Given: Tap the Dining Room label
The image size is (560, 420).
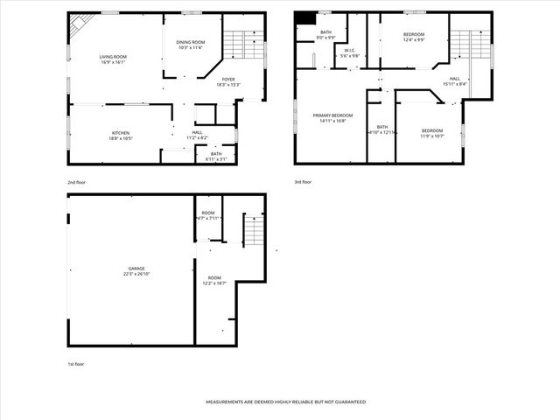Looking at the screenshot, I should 191,45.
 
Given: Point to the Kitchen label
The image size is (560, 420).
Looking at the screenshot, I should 121,136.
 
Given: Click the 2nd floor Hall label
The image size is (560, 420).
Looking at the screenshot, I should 197,136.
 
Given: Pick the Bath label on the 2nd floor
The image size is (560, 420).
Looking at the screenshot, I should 216,157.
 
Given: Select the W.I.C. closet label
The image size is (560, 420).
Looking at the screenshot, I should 349,52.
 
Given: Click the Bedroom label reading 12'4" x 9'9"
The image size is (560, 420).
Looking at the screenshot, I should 414,38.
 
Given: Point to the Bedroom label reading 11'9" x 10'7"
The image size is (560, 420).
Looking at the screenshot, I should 432,133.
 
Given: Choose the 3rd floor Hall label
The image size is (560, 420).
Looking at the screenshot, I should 455,81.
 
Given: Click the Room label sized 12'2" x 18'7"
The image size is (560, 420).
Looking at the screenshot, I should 215,280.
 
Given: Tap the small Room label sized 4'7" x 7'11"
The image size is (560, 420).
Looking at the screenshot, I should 208,215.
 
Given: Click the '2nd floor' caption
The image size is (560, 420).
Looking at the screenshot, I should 78,182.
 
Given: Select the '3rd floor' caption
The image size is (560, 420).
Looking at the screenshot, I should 304,182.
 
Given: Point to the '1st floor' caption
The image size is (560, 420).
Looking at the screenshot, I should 77,363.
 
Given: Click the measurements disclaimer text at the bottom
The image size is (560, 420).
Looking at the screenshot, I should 285,402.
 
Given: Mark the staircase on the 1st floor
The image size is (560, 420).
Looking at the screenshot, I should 252,232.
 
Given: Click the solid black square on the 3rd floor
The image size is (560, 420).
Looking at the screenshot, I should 304,18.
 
